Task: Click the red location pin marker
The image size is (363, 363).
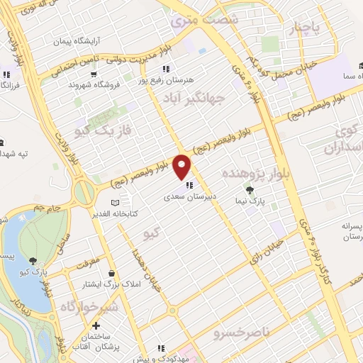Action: (183, 166)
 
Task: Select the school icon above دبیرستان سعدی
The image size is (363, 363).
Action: (189, 186)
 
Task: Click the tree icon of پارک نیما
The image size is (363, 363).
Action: (249, 190)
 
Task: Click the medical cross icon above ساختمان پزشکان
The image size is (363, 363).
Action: (96, 325)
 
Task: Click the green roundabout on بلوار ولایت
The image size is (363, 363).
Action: (84, 190)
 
